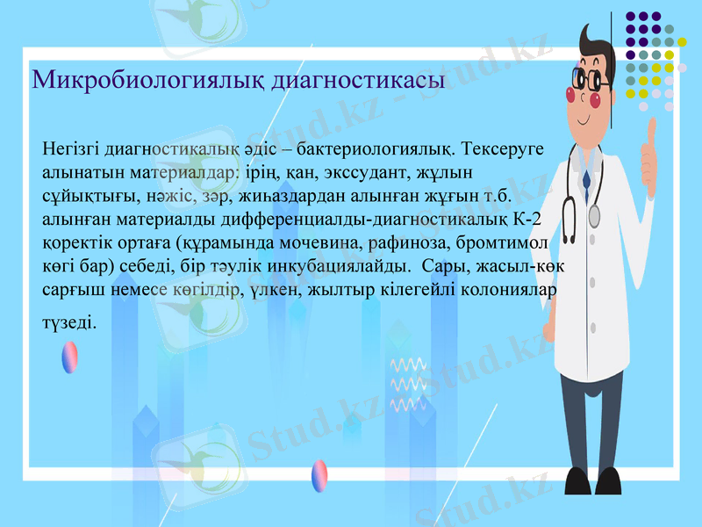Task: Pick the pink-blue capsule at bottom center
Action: (319, 475)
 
